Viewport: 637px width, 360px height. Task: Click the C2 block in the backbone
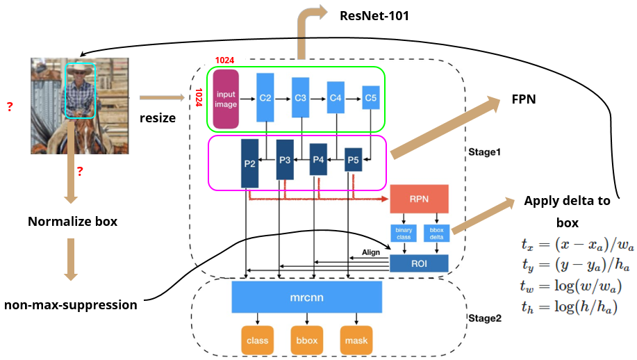click(x=265, y=99)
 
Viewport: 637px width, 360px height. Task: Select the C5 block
click(x=371, y=99)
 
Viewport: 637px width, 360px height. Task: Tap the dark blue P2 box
click(x=250, y=163)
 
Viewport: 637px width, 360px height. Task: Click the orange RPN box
click(x=420, y=198)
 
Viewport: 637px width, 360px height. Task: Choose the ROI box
click(x=419, y=263)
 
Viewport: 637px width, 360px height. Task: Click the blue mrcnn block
click(x=308, y=298)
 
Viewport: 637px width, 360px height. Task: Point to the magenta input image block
click(x=226, y=99)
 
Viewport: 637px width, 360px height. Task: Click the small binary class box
click(x=404, y=233)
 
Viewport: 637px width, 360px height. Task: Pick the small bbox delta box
click(x=437, y=233)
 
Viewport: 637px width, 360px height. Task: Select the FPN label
click(x=524, y=99)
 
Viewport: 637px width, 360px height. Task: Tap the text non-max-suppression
click(x=70, y=304)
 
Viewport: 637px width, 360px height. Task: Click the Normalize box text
click(x=72, y=222)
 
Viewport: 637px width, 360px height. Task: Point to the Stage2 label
click(x=484, y=318)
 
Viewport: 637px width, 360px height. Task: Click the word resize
click(x=158, y=118)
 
